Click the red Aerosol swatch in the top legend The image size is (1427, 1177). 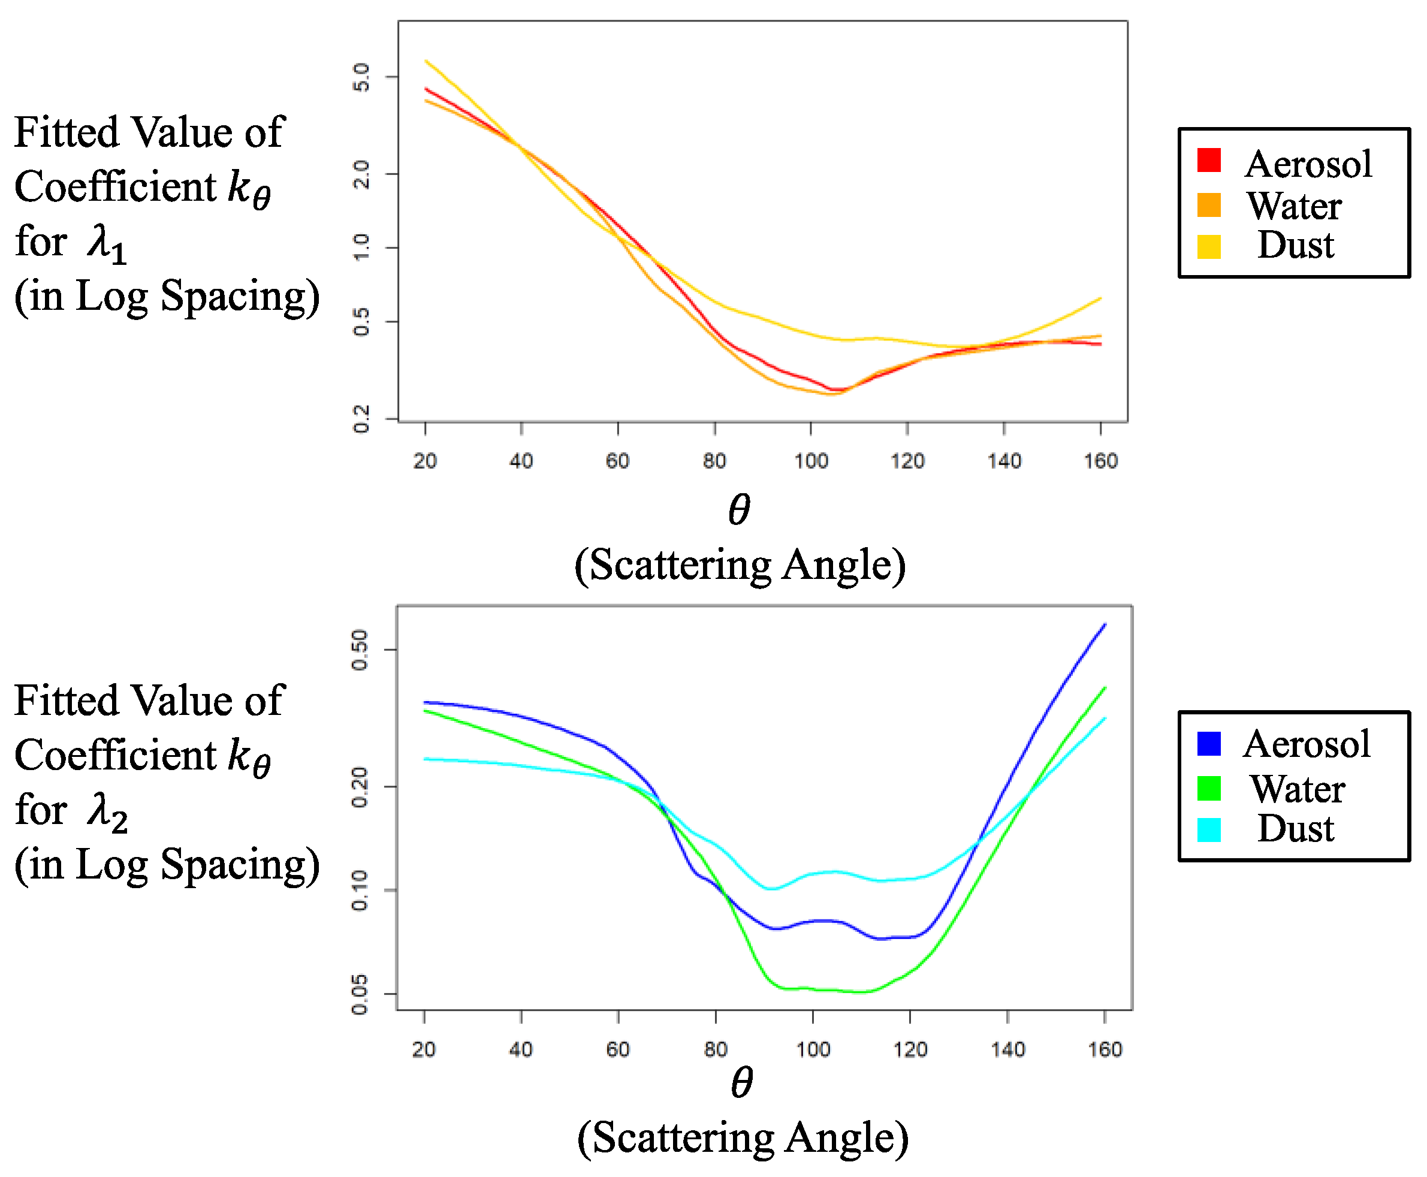tap(1209, 160)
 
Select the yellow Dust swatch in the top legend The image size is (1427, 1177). tap(1209, 247)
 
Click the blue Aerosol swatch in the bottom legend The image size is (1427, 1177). tap(1209, 744)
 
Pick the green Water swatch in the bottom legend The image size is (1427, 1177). tap(1209, 788)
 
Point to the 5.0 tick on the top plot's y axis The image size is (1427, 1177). tap(362, 77)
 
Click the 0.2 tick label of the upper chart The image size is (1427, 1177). tap(362, 418)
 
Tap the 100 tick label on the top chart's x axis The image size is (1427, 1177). tap(811, 461)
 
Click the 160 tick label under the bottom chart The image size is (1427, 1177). tap(1105, 1049)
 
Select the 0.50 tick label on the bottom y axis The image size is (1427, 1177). tap(360, 650)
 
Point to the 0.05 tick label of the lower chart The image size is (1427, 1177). tap(360, 994)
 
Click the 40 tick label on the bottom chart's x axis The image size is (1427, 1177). tap(521, 1049)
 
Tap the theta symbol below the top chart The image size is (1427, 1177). tap(739, 510)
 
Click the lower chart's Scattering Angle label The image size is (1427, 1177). tap(743, 1137)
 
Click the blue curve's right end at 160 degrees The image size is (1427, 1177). tap(1105, 624)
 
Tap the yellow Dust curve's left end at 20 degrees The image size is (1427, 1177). tap(426, 61)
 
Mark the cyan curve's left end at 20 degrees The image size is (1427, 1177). tap(425, 759)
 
